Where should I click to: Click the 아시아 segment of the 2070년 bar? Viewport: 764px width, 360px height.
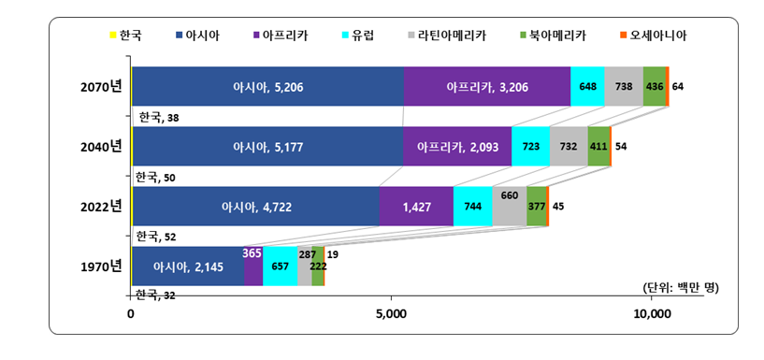coord(268,87)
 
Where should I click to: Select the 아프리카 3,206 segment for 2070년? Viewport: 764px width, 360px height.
coord(487,87)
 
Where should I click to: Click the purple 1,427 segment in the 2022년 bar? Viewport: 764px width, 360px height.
coord(416,207)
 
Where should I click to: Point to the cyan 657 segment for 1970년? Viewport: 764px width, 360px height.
coord(280,266)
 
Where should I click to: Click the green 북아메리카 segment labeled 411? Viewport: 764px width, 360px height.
coord(598,147)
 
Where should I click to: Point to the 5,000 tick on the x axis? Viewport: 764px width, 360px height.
coord(391,314)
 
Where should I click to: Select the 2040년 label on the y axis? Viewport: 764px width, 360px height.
coord(101,147)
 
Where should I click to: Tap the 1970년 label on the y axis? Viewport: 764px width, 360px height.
coord(101,266)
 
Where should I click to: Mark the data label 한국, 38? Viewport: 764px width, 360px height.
coord(159,117)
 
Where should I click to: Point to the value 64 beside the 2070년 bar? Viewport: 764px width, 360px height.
coord(678,87)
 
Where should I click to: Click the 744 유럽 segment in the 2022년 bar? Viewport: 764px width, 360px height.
coord(473,207)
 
